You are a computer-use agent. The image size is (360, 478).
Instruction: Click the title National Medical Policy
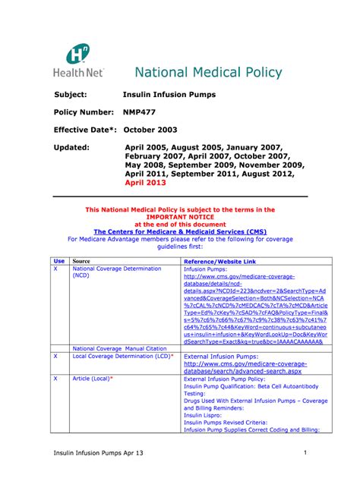coord(208,73)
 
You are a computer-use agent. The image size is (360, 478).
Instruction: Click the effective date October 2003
coord(155,129)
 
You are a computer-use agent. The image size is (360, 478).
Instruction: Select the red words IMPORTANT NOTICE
coord(180,216)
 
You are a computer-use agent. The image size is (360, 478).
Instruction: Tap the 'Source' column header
coord(81,260)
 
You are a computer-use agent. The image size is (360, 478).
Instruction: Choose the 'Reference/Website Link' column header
coord(221,260)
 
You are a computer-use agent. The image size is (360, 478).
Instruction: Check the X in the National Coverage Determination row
coord(55,269)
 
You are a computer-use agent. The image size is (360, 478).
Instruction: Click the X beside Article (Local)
coord(55,378)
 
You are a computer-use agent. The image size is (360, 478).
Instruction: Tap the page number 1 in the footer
coord(304,453)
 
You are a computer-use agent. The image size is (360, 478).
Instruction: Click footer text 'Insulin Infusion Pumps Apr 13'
coord(97,454)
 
